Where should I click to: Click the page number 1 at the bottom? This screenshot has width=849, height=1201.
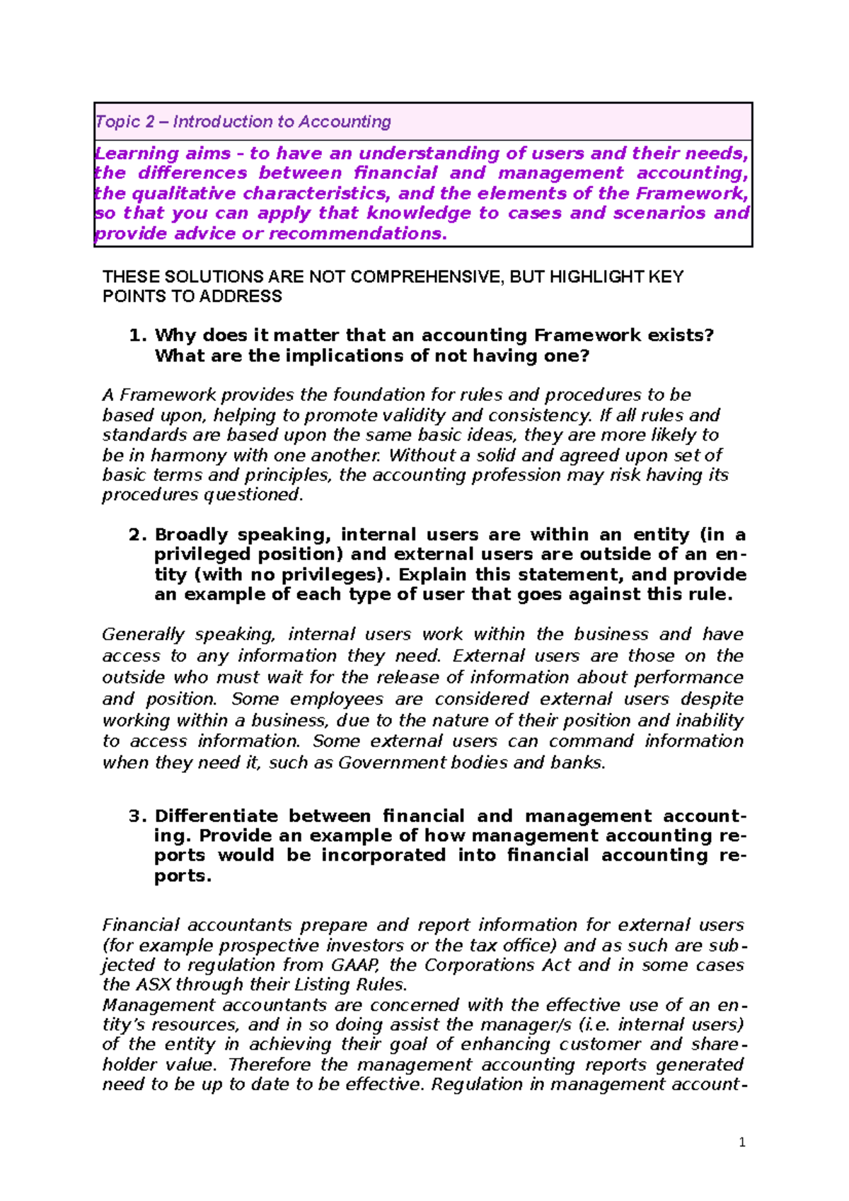click(x=741, y=1142)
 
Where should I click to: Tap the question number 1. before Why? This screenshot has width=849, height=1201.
click(x=138, y=335)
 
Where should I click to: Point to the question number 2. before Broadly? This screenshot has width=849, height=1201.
click(x=138, y=535)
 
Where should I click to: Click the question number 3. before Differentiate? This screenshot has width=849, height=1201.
click(x=138, y=816)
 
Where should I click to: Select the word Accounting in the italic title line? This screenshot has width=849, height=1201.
click(x=345, y=122)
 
